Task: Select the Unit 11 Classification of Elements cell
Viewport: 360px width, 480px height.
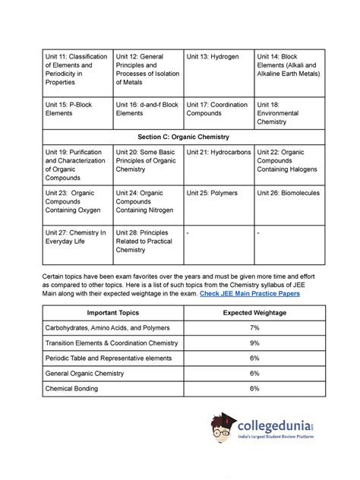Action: click(73, 69)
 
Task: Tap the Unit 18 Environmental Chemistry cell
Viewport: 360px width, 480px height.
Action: click(289, 112)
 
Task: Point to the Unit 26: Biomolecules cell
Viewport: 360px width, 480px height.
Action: click(289, 194)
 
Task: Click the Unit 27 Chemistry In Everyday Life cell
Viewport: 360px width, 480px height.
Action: click(73, 238)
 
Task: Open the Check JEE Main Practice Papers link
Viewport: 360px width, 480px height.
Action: click(250, 292)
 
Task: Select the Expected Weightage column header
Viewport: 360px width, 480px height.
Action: click(253, 312)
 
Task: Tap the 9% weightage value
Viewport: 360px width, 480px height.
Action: click(253, 343)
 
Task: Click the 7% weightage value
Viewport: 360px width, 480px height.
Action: click(253, 327)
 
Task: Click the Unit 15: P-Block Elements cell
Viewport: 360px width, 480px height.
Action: click(73, 109)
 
